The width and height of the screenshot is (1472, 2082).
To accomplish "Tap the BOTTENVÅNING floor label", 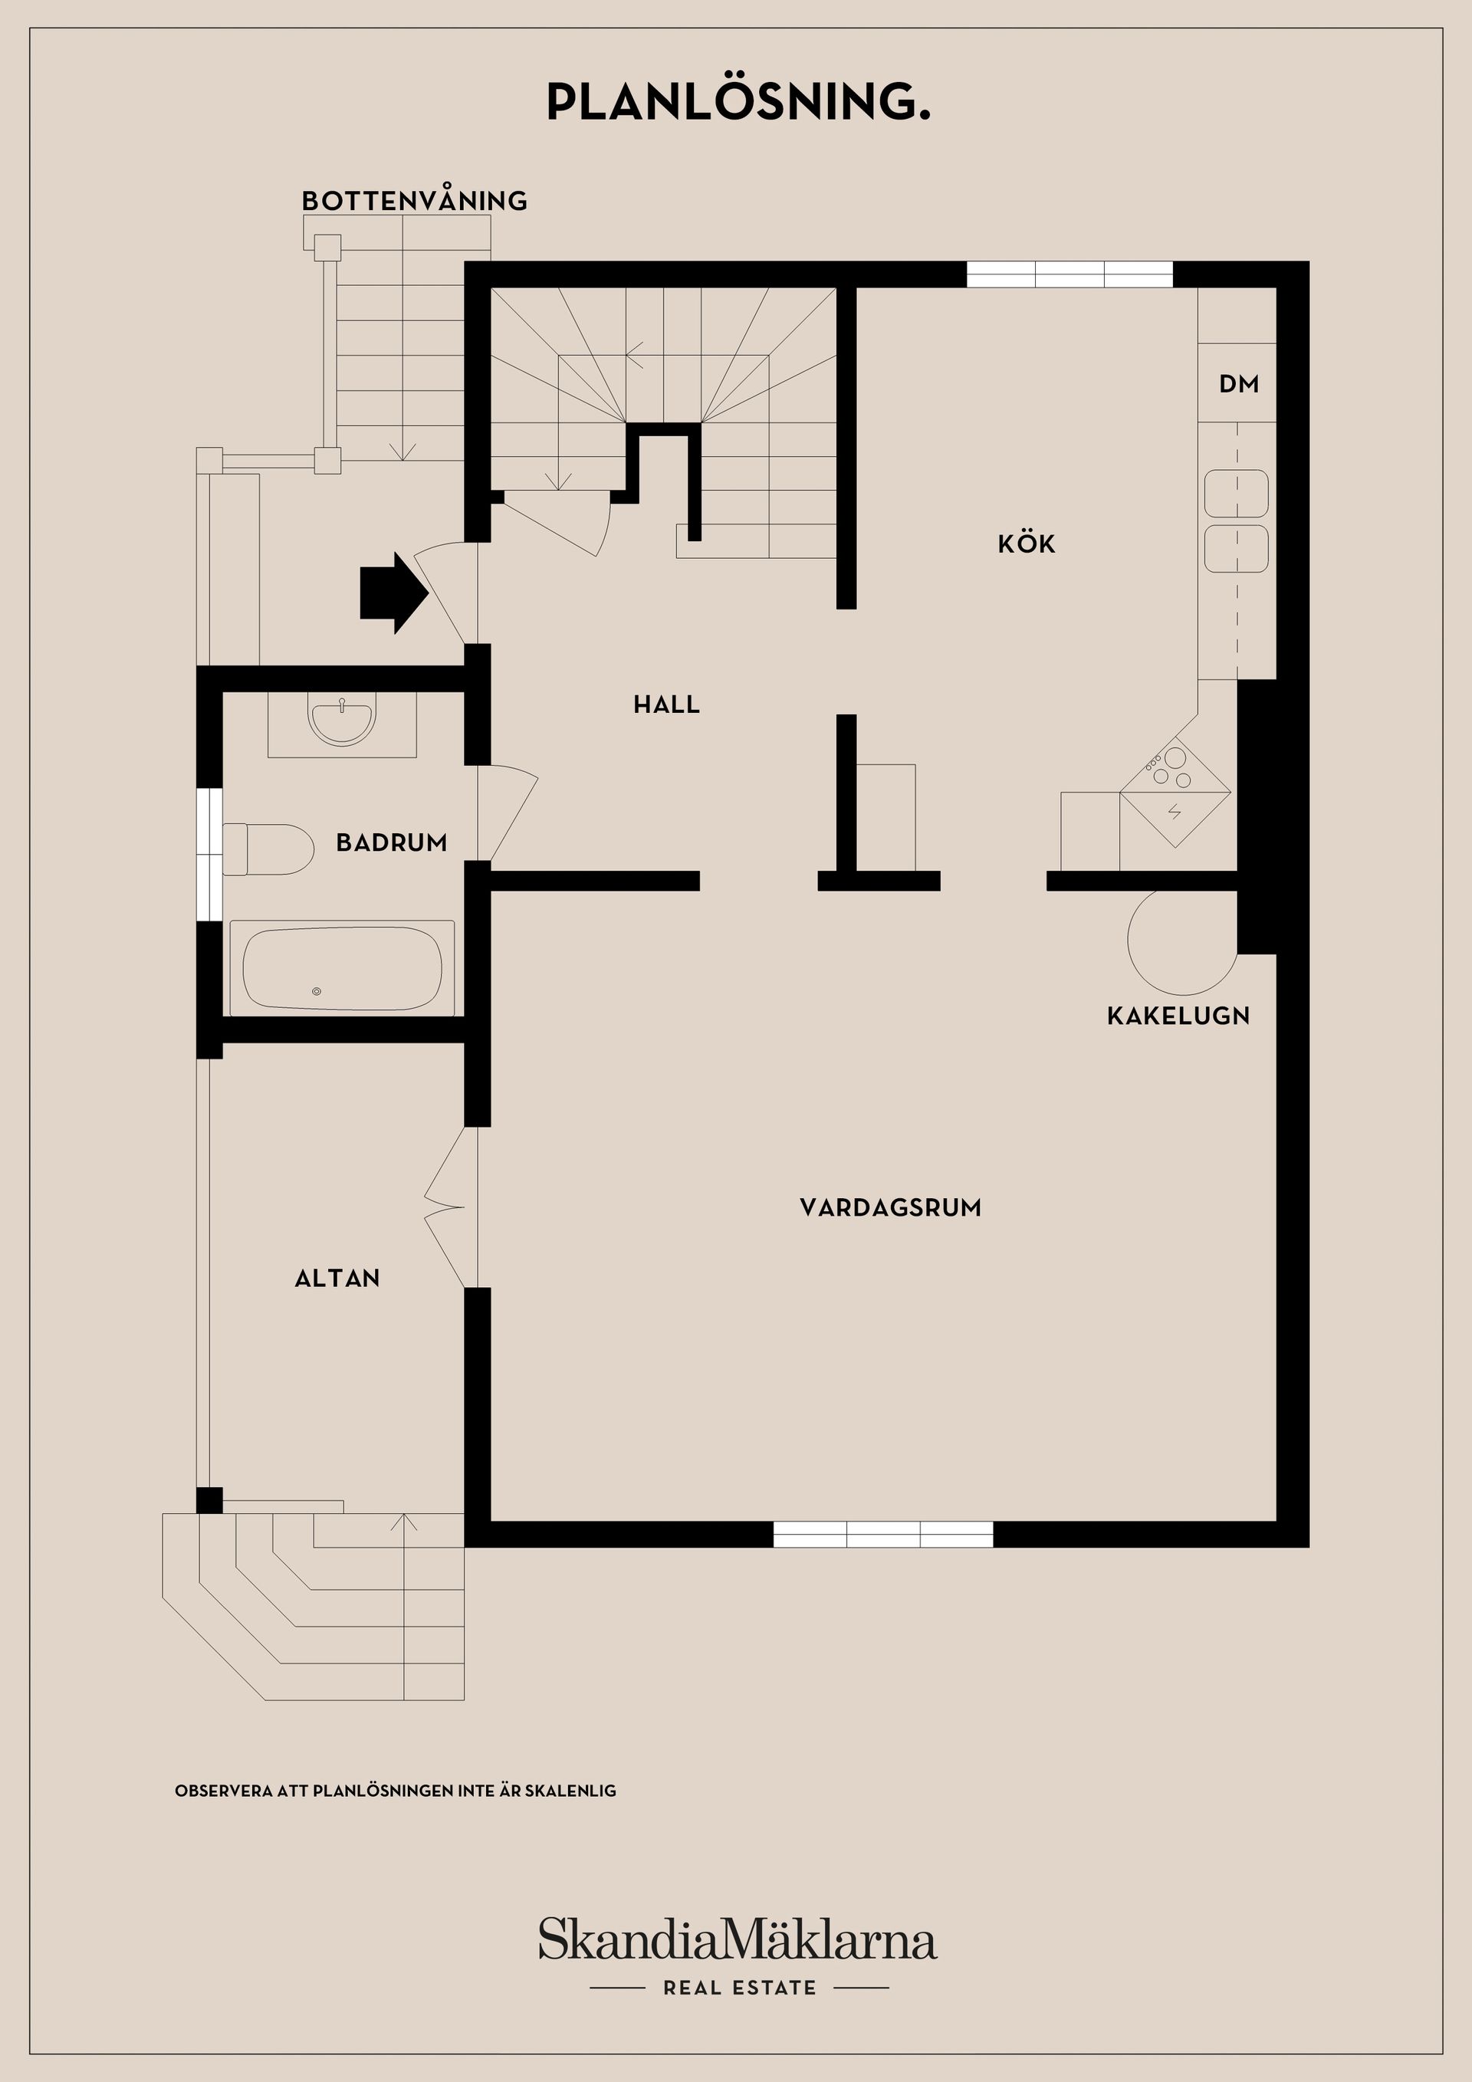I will [415, 200].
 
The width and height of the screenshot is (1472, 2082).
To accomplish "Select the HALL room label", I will [667, 704].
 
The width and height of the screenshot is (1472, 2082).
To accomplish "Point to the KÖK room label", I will [1027, 544].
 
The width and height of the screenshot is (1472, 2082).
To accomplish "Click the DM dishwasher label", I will [1239, 385].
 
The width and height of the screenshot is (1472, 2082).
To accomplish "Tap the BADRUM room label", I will [392, 842].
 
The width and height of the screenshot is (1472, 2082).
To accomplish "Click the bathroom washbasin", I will [342, 721].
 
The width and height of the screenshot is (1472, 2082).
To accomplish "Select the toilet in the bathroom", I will [269, 849].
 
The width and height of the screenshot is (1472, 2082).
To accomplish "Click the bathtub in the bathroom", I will [342, 968].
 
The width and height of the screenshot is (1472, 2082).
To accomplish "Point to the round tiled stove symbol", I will [1181, 941].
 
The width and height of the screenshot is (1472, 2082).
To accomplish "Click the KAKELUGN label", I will [1178, 1016].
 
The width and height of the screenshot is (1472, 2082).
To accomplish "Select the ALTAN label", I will [337, 1279].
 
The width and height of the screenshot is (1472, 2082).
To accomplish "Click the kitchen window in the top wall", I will [1069, 274].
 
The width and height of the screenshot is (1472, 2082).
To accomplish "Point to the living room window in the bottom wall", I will [882, 1535].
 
